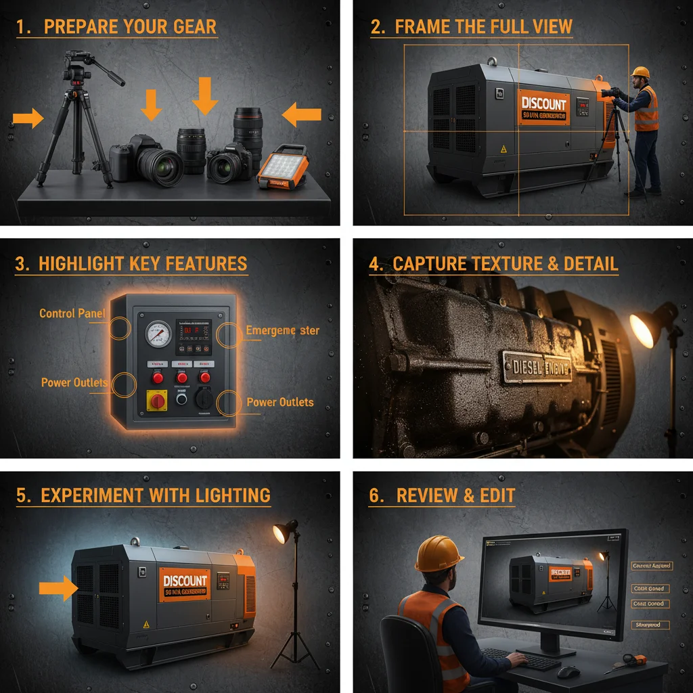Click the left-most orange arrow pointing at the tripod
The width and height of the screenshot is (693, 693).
[x=27, y=119]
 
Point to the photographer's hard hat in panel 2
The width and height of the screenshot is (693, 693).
[x=640, y=72]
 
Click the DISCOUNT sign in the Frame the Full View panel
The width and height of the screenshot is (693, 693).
[x=544, y=108]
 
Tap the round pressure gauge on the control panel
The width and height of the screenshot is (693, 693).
[x=158, y=334]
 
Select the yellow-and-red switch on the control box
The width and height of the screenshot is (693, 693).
[x=157, y=401]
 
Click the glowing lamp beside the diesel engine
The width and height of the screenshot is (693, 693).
[x=644, y=327]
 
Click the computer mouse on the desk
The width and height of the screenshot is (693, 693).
[x=568, y=671]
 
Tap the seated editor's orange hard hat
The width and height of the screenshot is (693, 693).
[x=438, y=554]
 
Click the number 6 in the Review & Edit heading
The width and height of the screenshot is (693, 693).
[x=376, y=495]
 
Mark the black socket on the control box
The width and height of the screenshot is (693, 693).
[x=202, y=398]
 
